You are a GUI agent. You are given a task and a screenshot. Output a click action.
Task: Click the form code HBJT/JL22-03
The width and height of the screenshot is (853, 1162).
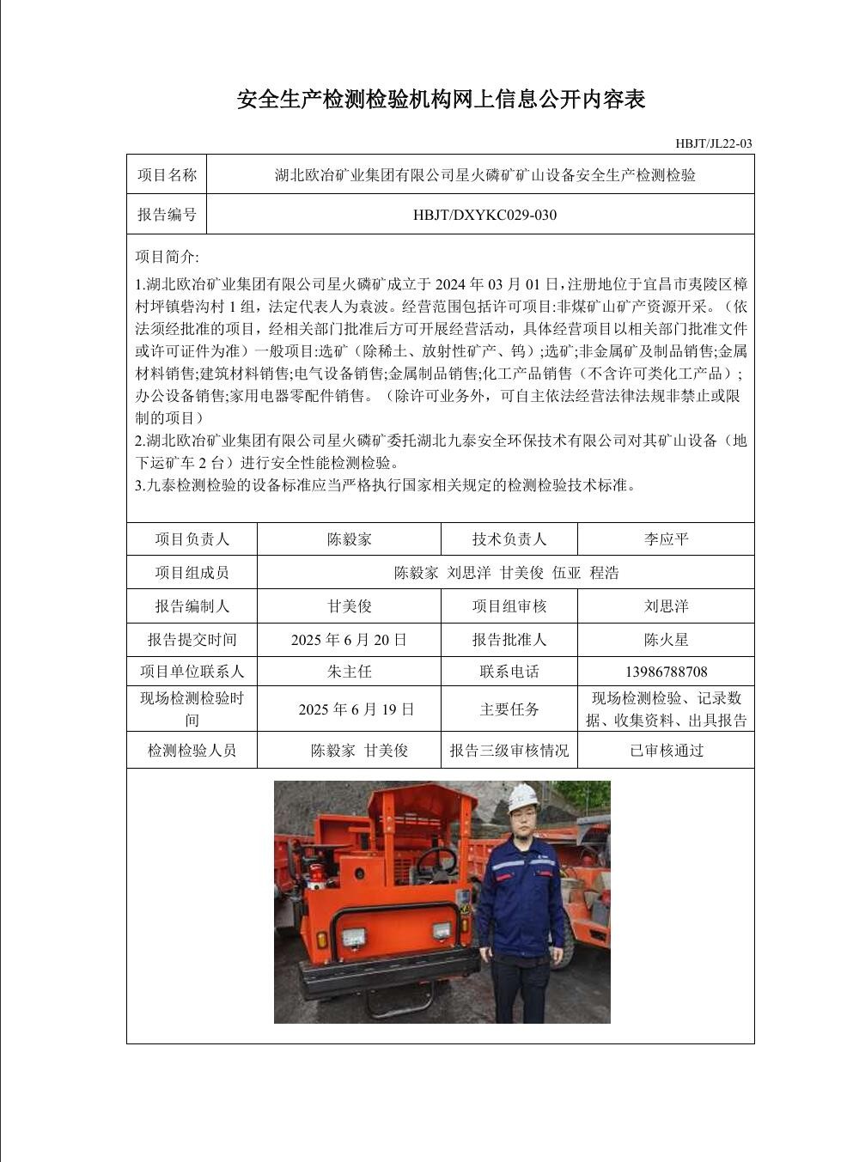(x=713, y=143)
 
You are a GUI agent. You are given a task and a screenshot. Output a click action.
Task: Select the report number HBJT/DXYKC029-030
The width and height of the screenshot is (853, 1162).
(x=484, y=215)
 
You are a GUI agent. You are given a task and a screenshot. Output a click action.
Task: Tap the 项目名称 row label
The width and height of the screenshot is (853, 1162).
(x=167, y=175)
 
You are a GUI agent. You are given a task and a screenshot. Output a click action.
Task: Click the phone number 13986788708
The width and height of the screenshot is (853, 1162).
(x=666, y=672)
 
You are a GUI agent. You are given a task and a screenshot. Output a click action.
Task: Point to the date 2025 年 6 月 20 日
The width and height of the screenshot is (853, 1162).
(x=349, y=640)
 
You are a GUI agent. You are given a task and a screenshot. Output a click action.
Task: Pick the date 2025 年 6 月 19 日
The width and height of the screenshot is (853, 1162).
(x=356, y=709)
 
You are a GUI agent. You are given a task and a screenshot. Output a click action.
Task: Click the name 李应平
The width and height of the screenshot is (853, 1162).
(x=666, y=539)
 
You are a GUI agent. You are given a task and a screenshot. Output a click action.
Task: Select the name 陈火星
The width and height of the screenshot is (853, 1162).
(x=666, y=640)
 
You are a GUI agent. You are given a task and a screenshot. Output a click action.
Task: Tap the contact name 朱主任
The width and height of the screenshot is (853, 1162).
(x=349, y=672)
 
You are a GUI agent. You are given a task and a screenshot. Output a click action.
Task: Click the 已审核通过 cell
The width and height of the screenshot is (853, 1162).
(x=666, y=751)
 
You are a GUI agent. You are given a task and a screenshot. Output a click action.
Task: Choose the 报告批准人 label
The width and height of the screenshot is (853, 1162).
(x=509, y=640)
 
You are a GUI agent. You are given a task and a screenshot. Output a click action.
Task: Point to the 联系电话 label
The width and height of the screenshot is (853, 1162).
(x=509, y=672)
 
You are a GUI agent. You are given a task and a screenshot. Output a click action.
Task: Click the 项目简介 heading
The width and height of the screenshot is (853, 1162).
(x=167, y=257)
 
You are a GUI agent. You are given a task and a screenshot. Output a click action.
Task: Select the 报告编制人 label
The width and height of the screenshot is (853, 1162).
(x=192, y=606)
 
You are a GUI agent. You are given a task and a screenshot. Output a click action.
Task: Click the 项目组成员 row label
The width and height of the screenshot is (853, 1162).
(x=192, y=573)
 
